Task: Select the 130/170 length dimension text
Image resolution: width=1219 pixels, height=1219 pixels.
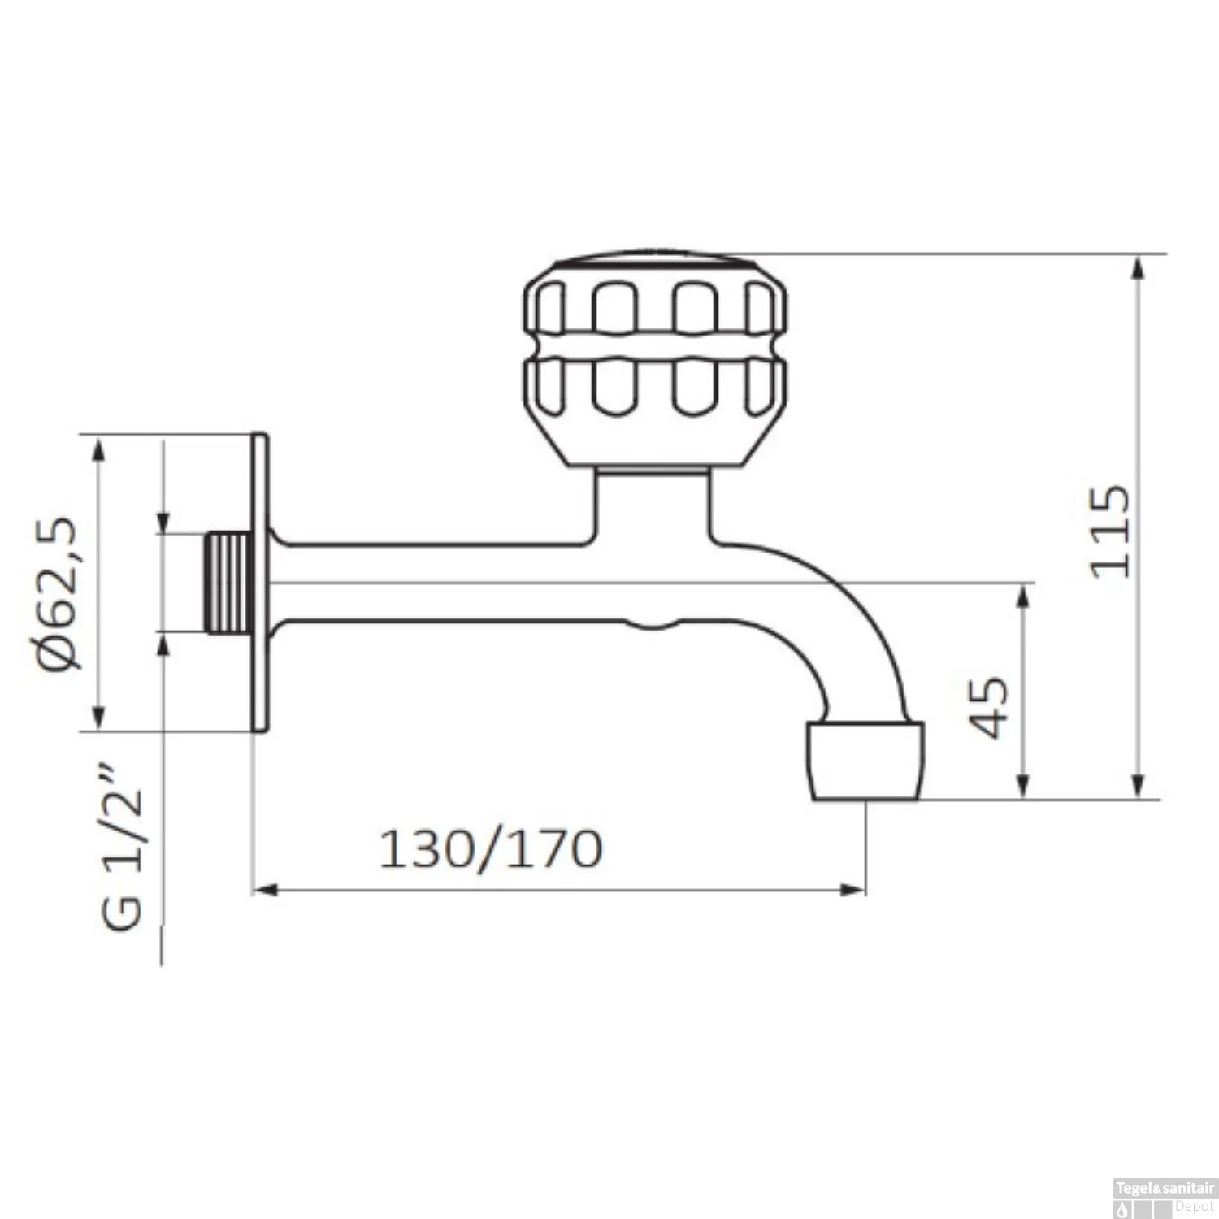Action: (492, 849)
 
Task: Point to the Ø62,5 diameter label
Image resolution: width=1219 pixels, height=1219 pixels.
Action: (61, 592)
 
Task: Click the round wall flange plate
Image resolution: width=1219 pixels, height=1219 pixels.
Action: (259, 583)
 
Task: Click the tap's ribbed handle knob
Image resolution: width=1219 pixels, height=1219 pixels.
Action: (654, 361)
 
